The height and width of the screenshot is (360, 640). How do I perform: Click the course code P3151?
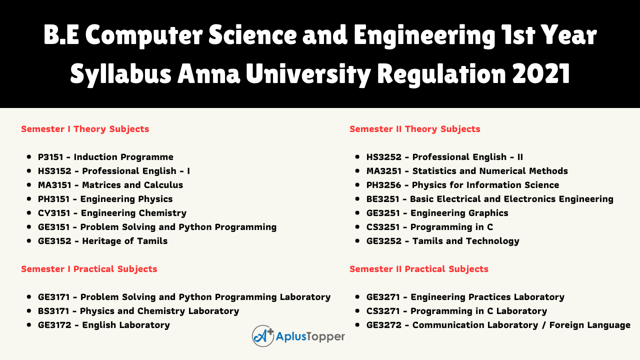[x=50, y=157]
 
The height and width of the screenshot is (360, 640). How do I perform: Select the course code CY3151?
[x=54, y=213]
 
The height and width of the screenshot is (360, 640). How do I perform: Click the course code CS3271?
[x=383, y=311]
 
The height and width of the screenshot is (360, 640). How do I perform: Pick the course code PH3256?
[x=383, y=185]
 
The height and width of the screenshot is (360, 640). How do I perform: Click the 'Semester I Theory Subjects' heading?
[x=85, y=129]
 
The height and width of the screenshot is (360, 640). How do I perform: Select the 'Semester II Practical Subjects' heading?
[x=419, y=269]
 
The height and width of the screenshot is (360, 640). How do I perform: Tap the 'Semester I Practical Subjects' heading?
[x=89, y=269]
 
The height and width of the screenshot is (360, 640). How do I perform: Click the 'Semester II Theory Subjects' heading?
[x=415, y=129]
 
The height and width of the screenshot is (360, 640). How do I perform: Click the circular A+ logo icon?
[x=263, y=336]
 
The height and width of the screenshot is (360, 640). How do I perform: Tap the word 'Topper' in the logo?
[x=325, y=337]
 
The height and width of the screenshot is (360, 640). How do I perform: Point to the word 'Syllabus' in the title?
[x=121, y=74]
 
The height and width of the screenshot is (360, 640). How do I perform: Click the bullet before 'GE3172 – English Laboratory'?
[x=29, y=325]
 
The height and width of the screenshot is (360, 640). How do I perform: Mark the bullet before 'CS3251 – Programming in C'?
[x=357, y=227]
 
